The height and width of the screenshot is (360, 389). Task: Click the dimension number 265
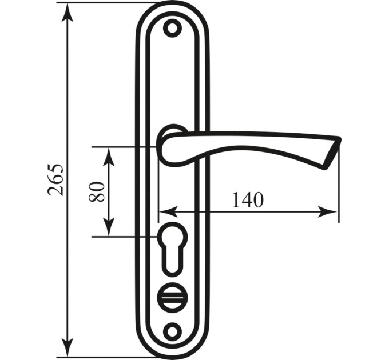click(x=55, y=179)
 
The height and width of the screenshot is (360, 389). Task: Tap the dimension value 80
click(x=96, y=192)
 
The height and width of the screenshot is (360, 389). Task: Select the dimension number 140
click(x=247, y=199)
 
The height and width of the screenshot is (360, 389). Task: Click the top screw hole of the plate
click(x=172, y=28)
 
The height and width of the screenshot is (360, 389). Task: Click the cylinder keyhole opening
click(x=172, y=249)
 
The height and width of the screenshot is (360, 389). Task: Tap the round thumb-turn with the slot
click(x=172, y=297)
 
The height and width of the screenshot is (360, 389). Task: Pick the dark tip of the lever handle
click(x=333, y=153)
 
